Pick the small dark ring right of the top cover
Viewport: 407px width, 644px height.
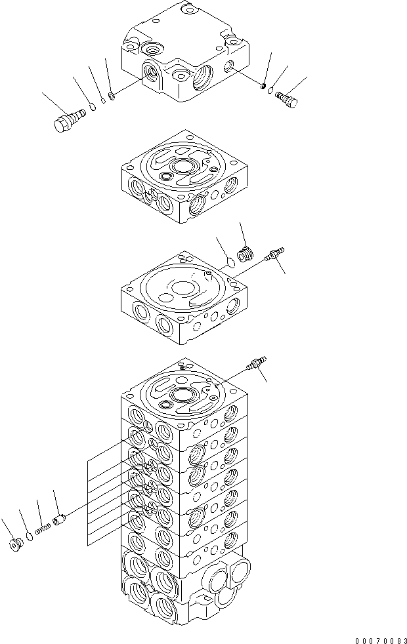[x=263, y=87]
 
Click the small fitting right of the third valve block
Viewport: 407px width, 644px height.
[x=272, y=254]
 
